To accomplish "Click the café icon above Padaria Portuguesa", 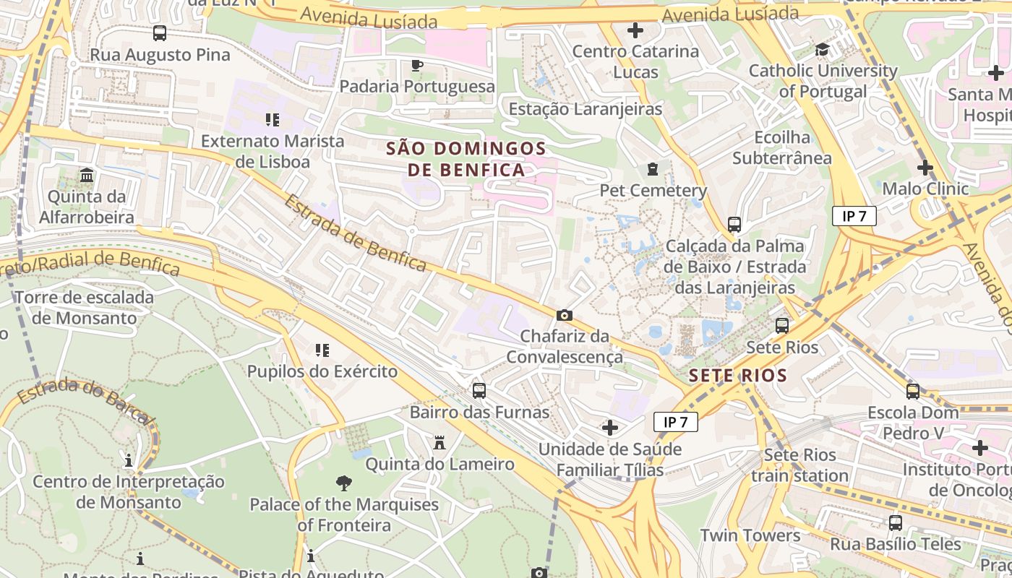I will tap(416, 66).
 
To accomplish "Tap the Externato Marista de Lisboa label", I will tap(273, 151).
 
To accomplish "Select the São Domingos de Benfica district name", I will tap(466, 159).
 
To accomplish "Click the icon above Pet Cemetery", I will tap(653, 170).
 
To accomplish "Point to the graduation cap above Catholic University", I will tap(822, 50).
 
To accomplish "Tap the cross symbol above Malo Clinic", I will tap(925, 168).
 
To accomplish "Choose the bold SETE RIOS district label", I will tap(737, 376).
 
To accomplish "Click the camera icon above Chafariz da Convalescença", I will tap(565, 316).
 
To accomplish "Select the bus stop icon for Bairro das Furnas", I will tap(479, 391).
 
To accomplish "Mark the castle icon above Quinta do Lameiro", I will tap(439, 443).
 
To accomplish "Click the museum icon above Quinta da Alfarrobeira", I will tap(87, 176).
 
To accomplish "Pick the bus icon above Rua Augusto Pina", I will tap(160, 33).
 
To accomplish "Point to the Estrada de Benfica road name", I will tap(354, 233).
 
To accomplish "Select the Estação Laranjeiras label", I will tap(586, 109).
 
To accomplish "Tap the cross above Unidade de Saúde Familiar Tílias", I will tap(610, 428).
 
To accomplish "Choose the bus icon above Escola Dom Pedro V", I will tap(913, 392).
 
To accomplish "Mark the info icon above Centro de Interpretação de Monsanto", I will tap(129, 460).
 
